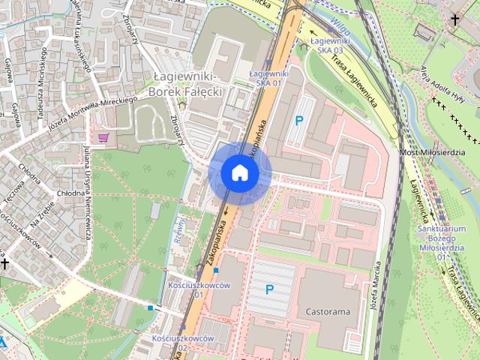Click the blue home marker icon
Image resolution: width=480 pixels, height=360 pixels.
tap(240, 172)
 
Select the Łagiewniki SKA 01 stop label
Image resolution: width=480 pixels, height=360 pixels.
tap(268, 77)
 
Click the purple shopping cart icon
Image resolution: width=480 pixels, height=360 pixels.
tap(103, 136)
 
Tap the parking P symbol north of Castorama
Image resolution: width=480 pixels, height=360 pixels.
tap(270, 289)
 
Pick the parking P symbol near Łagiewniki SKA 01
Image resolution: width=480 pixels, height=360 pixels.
tap(299, 120)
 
